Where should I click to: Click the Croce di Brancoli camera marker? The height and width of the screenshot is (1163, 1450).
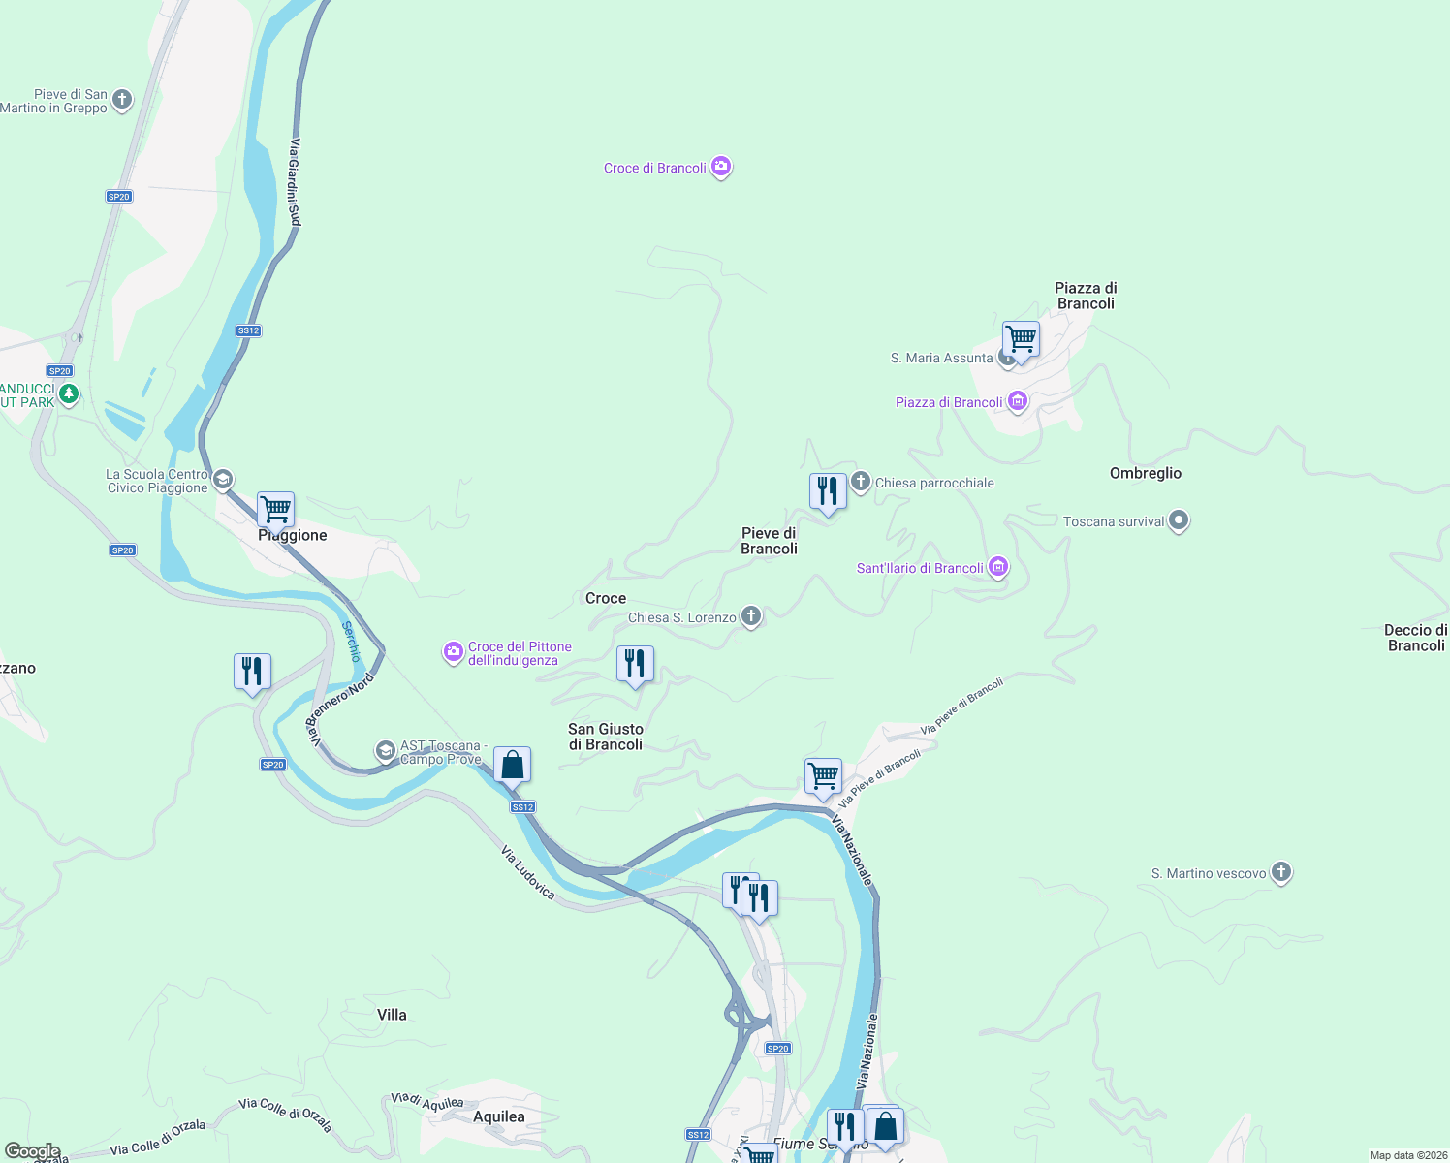(x=721, y=168)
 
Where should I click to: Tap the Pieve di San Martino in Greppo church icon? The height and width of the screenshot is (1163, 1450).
(x=122, y=99)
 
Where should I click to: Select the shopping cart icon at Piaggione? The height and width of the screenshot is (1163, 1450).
(x=275, y=508)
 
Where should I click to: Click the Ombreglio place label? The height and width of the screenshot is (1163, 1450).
(x=1146, y=473)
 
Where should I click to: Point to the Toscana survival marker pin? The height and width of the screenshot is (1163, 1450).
(x=1179, y=520)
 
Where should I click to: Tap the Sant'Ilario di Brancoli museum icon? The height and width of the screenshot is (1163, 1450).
(x=998, y=567)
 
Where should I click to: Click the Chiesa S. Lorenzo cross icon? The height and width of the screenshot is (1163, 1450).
(x=751, y=615)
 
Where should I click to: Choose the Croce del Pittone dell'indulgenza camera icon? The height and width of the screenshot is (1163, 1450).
(x=453, y=652)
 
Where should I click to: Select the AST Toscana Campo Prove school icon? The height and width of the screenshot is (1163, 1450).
(x=386, y=751)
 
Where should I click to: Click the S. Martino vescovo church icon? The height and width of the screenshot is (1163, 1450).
(x=1281, y=872)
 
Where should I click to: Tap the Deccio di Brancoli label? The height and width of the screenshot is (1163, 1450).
(x=1415, y=638)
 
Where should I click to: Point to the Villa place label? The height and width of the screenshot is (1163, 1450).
(x=392, y=1015)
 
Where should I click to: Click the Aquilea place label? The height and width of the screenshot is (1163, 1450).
(x=499, y=1116)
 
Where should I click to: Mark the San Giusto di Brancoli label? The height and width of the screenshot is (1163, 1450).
(x=606, y=737)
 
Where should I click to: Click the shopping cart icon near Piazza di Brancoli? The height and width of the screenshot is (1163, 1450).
(x=1021, y=339)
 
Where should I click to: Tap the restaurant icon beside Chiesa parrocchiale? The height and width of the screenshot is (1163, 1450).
(x=828, y=490)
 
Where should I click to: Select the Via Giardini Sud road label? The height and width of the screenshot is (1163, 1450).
(x=295, y=183)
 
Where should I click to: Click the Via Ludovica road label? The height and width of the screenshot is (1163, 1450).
(x=528, y=872)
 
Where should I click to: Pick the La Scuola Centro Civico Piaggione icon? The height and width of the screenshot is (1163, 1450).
(x=223, y=480)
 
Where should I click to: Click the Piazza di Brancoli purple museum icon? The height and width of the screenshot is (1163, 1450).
(x=1017, y=401)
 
